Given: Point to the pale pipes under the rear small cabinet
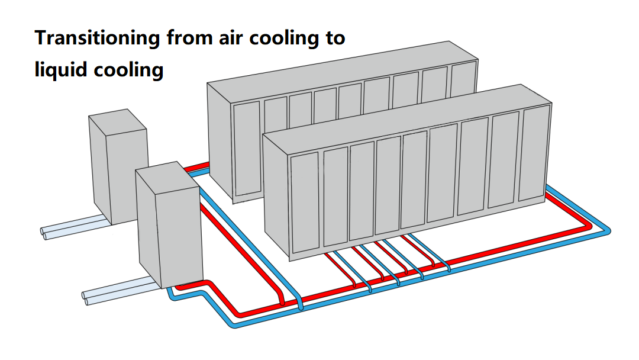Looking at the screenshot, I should (71, 229).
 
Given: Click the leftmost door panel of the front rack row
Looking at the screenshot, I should (305, 201).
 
